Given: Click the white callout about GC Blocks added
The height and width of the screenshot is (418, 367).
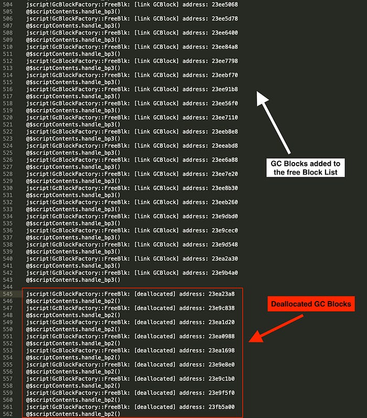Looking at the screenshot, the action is (305, 168).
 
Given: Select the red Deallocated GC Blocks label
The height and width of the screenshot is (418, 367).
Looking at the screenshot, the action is (310, 304).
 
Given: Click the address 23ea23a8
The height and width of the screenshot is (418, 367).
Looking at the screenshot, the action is (221, 294).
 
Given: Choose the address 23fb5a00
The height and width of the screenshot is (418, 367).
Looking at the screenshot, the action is (221, 407).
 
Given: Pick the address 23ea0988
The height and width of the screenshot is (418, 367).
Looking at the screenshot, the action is (221, 336).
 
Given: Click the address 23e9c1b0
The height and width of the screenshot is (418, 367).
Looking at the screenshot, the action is (221, 379).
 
